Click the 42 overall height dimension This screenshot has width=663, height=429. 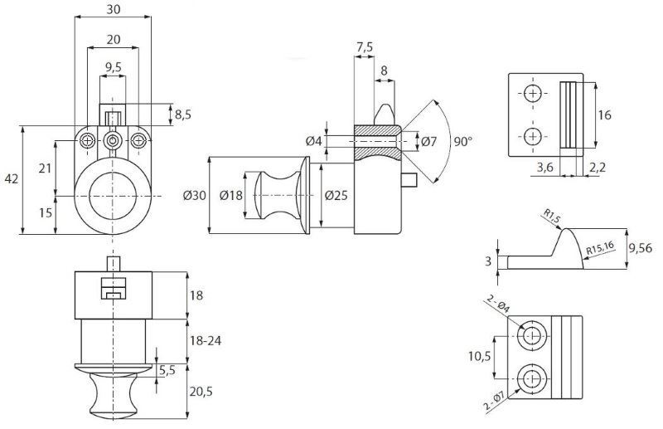pyautogui.click(x=12, y=179)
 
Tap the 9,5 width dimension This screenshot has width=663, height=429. pyautogui.click(x=113, y=67)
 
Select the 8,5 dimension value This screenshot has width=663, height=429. pyautogui.click(x=182, y=115)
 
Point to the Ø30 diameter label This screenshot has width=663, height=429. pyautogui.click(x=195, y=196)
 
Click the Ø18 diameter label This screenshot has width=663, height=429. pyautogui.click(x=231, y=196)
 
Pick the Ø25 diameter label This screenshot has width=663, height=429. pyautogui.click(x=336, y=196)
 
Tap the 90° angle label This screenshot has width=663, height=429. pyautogui.click(x=462, y=142)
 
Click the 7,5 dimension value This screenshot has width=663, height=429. pyautogui.click(x=365, y=47)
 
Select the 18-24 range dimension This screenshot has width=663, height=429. pyautogui.click(x=206, y=340)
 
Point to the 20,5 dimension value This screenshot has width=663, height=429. pyautogui.click(x=201, y=392)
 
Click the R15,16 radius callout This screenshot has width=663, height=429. pyautogui.click(x=600, y=248)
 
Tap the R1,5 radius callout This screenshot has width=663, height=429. pyautogui.click(x=552, y=216)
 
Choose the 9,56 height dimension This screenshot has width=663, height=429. pyautogui.click(x=640, y=249)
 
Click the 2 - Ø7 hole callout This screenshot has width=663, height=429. pyautogui.click(x=494, y=402)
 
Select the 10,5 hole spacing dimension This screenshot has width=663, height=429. pyautogui.click(x=480, y=357)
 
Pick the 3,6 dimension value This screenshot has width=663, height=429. pyautogui.click(x=545, y=168)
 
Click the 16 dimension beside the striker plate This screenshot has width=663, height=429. pyautogui.click(x=605, y=115)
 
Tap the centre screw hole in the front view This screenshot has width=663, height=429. pyautogui.click(x=113, y=140)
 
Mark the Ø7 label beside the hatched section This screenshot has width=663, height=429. pyautogui.click(x=428, y=141)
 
